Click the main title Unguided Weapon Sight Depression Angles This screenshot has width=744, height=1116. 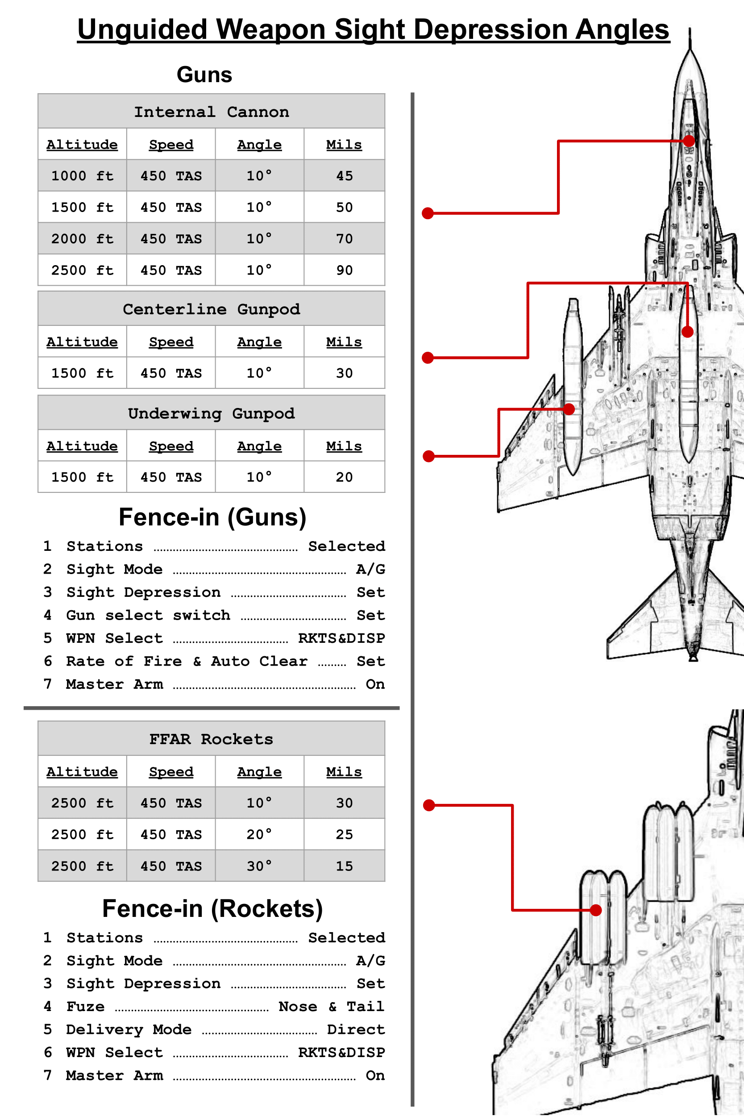coord(373,29)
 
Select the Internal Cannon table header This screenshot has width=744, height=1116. coord(211,112)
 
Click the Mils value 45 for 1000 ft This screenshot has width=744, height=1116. coord(344,176)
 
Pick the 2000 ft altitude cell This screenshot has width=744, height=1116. coord(82,239)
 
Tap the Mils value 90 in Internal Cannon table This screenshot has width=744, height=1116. coord(344,271)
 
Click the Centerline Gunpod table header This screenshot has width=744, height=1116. coord(211,309)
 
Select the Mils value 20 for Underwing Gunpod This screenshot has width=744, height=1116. coord(344,477)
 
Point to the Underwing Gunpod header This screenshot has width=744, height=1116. coord(211,414)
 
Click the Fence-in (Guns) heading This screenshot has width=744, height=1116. coord(212,517)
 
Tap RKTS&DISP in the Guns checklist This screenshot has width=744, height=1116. coord(341,638)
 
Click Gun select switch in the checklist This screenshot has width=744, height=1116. coord(148,616)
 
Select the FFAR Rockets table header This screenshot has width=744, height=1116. coord(211,739)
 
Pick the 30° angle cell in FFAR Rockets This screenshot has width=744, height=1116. coord(259,866)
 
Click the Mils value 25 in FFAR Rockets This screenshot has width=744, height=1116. coord(344,835)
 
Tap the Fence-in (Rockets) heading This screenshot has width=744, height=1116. coord(212,909)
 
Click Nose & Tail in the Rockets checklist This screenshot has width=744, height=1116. coord(331,1006)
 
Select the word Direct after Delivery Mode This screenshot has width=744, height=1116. coord(355,1030)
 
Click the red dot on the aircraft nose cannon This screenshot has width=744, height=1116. coord(689,141)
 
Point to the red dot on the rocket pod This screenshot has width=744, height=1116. coord(595,910)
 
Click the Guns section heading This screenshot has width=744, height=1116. coord(204,75)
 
